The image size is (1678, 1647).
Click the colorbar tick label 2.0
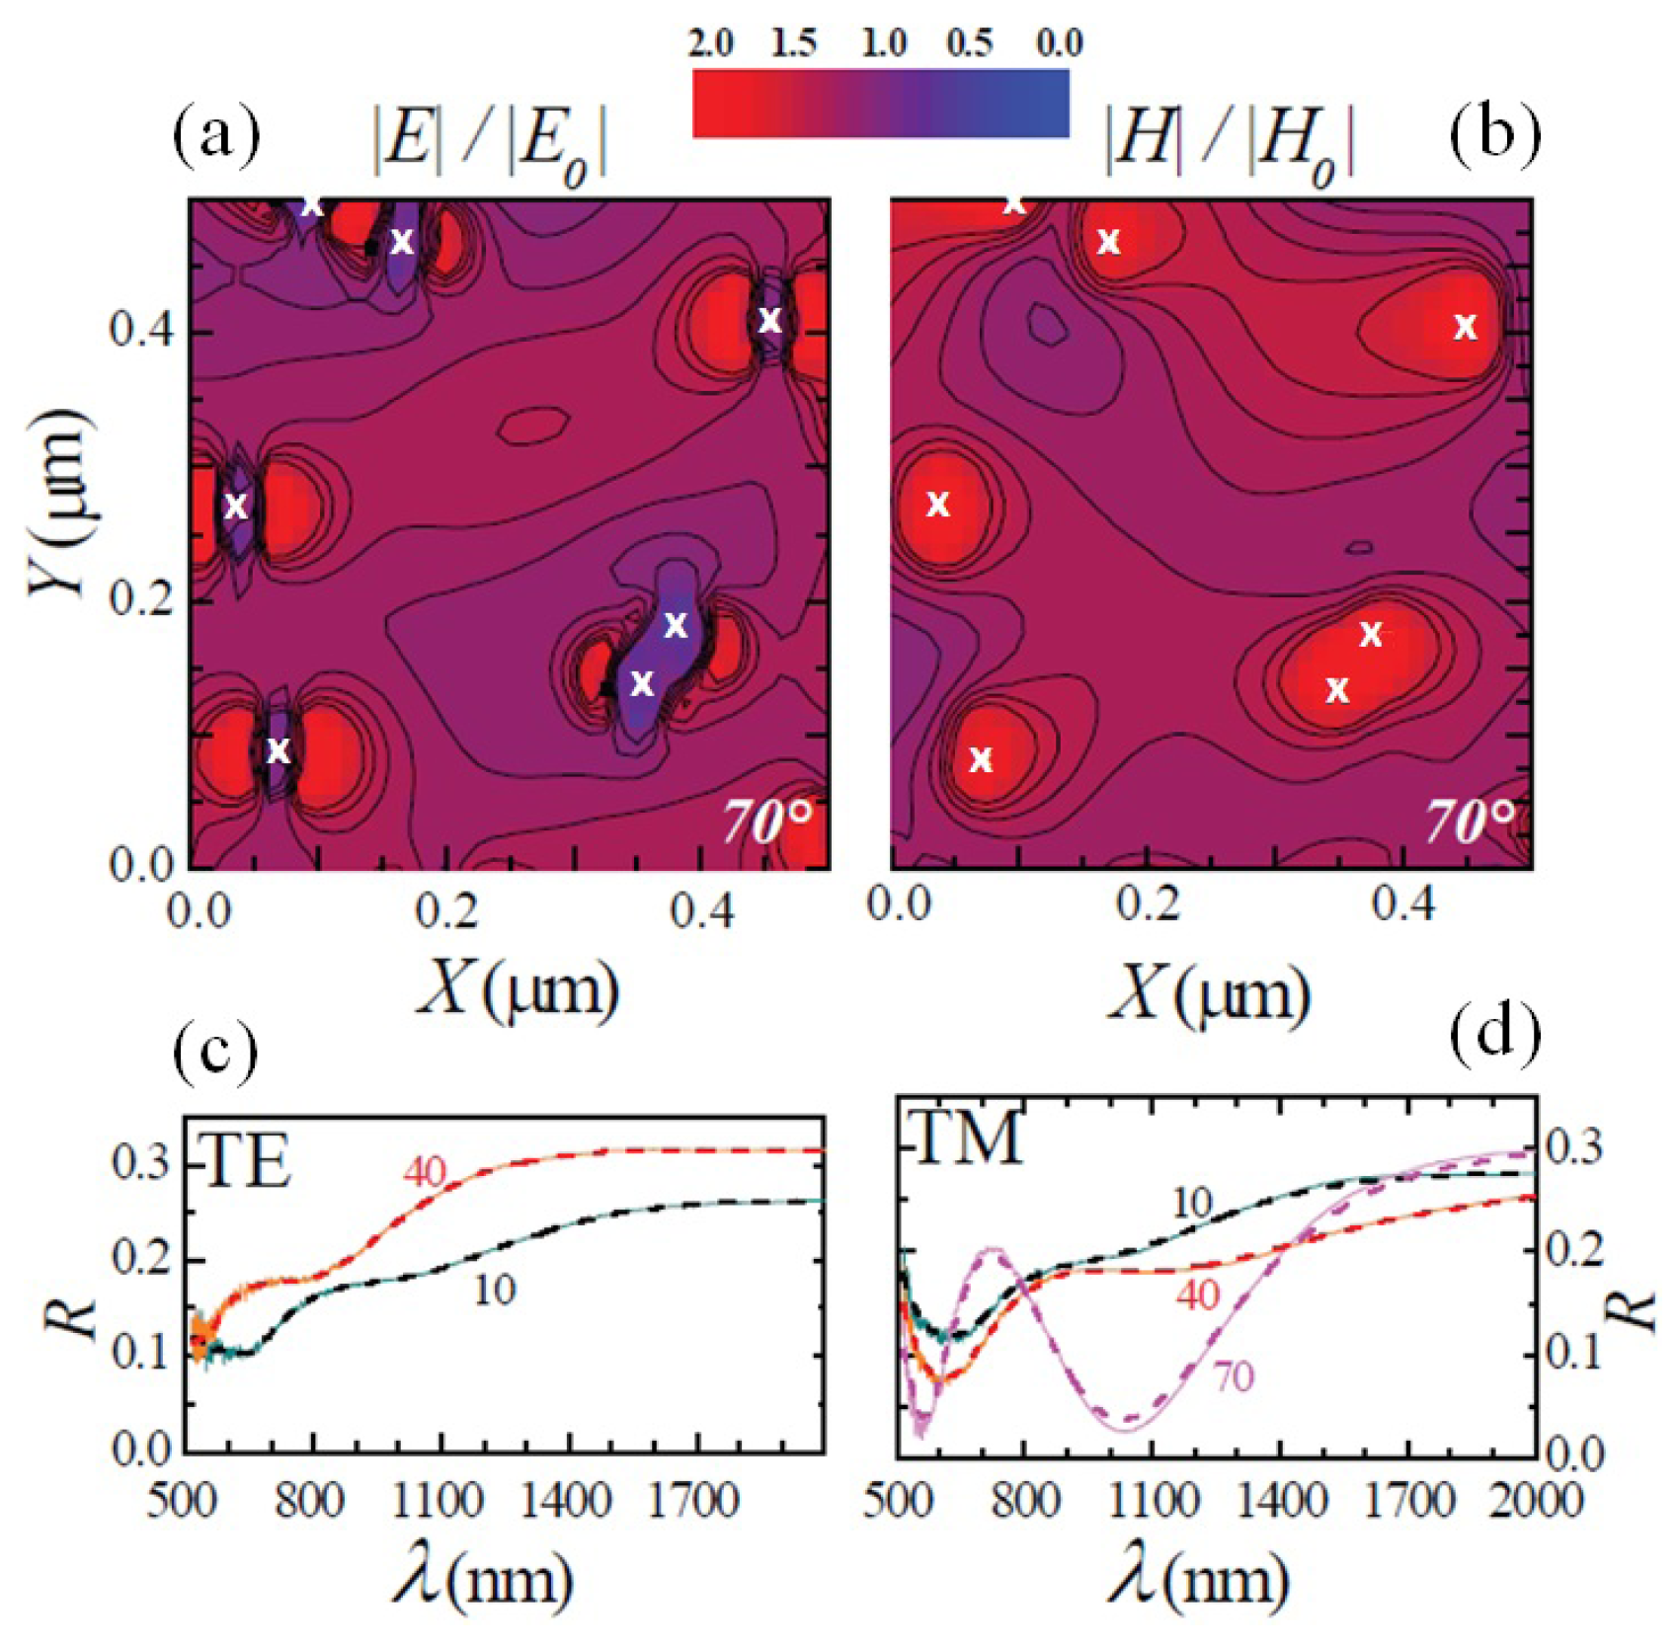(710, 43)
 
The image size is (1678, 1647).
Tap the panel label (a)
(217, 135)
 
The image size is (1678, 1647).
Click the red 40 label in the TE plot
(424, 1172)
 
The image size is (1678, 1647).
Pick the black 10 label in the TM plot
(1192, 1203)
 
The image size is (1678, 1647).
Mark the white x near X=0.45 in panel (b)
(1466, 327)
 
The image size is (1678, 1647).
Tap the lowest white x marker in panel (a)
(279, 751)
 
